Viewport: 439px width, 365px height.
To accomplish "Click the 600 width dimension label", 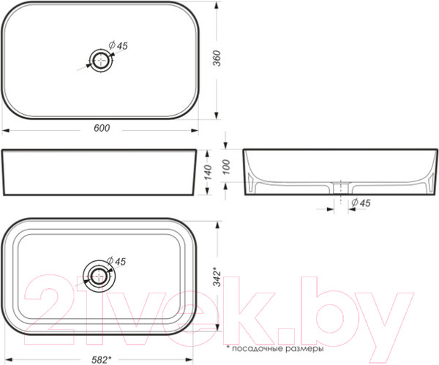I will (x=102, y=128).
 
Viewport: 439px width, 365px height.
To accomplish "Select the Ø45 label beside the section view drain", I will (x=360, y=202).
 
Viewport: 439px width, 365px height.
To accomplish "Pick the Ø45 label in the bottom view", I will (x=117, y=261).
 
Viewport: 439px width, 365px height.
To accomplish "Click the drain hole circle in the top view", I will (x=99, y=61).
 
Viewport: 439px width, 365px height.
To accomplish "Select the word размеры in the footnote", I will (x=305, y=349).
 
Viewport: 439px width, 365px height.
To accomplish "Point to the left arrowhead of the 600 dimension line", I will (x=5, y=133).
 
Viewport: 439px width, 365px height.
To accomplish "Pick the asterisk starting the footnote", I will (x=228, y=348).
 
